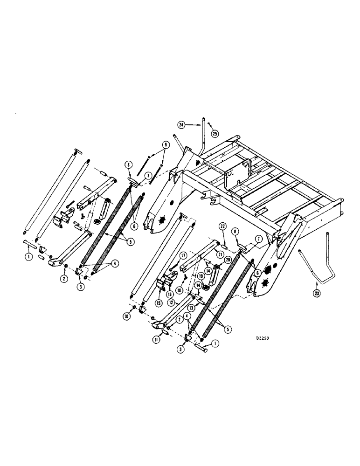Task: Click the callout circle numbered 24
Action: click(x=182, y=124)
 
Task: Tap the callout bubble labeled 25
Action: click(x=215, y=134)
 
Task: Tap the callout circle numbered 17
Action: click(x=184, y=254)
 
